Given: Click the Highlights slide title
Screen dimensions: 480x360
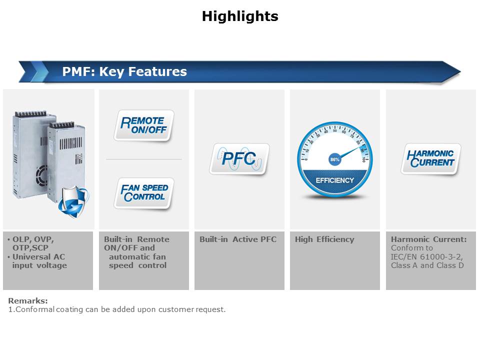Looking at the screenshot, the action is point(240,16).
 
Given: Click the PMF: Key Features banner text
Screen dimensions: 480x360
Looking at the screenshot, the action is point(124,71).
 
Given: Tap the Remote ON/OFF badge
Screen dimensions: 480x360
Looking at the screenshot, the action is point(144,125).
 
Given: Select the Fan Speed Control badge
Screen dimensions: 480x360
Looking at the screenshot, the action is point(144,193).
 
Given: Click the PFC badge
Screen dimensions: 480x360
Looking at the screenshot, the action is point(239,158).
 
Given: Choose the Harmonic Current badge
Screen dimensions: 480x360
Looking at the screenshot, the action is point(430,158).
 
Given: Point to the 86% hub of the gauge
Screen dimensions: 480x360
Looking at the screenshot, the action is point(334,159).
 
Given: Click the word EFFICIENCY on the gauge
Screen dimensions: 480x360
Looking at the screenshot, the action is point(334,180).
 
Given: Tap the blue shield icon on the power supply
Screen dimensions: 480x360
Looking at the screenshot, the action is point(73,202).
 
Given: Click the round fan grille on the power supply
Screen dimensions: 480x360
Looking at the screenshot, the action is point(41,176).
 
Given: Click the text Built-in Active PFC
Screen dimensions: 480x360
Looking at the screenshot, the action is point(238,239).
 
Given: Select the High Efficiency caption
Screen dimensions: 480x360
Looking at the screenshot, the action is point(324,239).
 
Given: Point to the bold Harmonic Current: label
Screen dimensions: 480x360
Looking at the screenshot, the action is point(428,239).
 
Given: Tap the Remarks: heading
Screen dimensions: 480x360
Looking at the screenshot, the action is point(28,300).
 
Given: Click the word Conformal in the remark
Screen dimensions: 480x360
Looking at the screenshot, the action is point(31,309).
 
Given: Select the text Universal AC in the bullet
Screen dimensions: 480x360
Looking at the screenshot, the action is point(38,257).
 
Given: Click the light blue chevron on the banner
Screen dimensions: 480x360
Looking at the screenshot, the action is point(39,72).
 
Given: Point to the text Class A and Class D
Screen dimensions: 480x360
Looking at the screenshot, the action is point(427,265).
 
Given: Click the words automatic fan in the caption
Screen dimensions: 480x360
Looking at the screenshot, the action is point(137,257).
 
